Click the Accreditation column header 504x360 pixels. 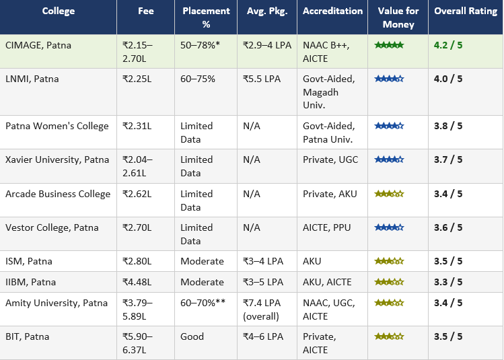[332, 11]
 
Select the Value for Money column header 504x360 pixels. [398, 17]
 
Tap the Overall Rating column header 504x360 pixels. [465, 11]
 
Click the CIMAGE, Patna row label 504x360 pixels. [38, 45]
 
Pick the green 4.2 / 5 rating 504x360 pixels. [448, 45]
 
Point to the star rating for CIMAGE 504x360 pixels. [389, 45]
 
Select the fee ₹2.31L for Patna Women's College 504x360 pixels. [137, 126]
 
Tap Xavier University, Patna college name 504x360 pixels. [57, 159]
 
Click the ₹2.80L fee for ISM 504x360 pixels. [137, 261]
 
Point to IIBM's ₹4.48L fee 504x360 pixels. [137, 282]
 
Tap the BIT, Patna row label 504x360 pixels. [27, 336]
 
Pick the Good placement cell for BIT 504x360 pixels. [192, 336]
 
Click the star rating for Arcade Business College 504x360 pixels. [389, 194]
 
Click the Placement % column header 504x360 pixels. [205, 17]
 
